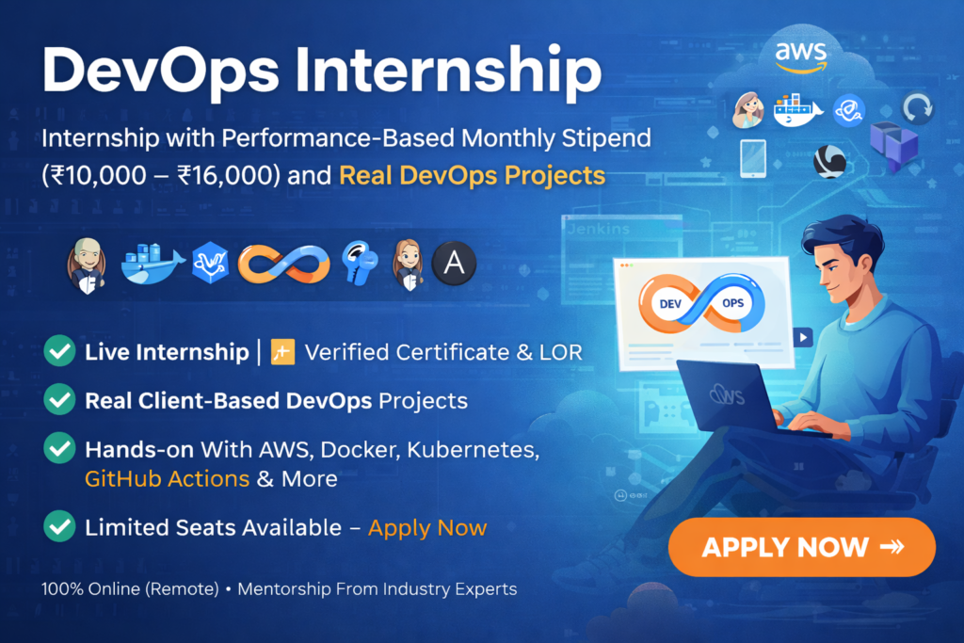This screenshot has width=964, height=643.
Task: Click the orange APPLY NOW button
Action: (801, 547)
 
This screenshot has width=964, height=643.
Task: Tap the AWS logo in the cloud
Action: (801, 54)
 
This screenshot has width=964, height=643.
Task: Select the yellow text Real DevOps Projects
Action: (472, 175)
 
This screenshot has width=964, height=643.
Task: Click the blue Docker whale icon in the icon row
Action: (153, 265)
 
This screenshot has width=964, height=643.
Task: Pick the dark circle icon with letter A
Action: (454, 265)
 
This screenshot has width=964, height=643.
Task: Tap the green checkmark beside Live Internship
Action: (60, 352)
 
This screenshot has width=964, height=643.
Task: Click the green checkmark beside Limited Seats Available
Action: (60, 526)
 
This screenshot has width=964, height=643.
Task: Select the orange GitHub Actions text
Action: (167, 478)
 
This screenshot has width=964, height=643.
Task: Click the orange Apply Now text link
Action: (427, 527)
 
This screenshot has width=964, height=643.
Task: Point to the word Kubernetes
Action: (478, 449)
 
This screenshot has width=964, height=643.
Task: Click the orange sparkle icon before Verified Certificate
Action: (282, 352)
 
